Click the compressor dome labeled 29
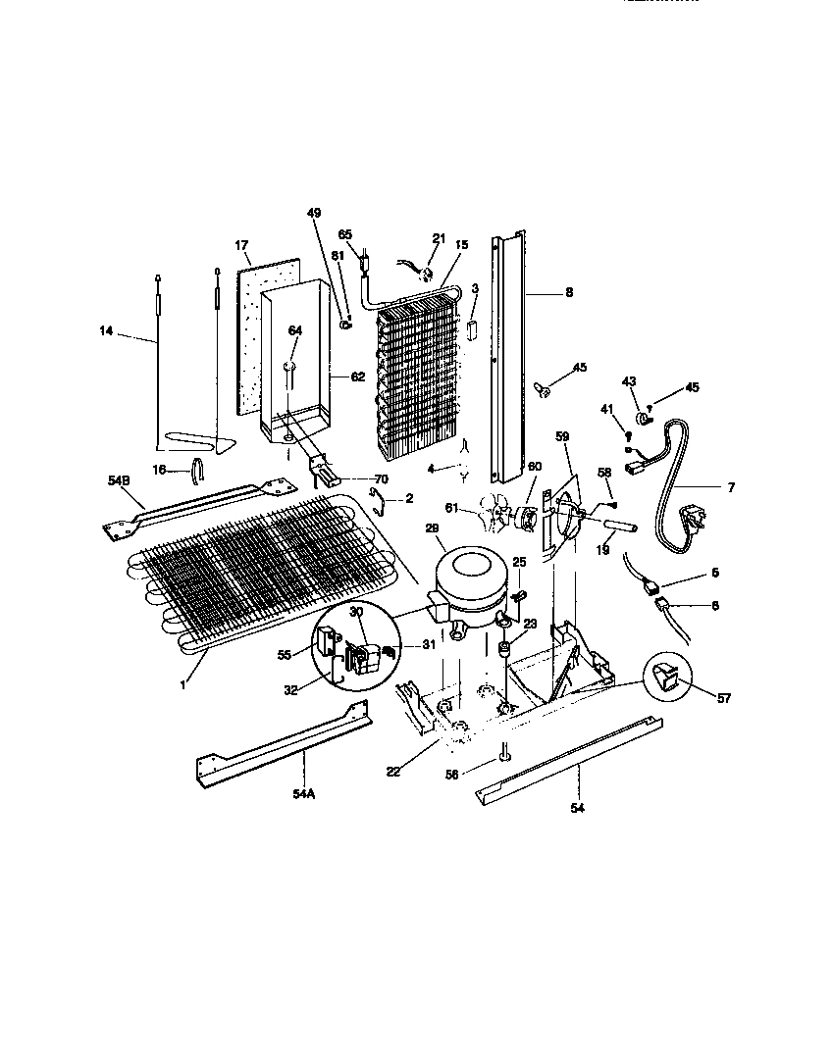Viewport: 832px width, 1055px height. (x=468, y=580)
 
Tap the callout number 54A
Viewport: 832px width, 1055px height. (x=303, y=793)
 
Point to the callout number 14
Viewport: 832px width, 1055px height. (x=106, y=332)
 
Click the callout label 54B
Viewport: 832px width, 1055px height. (x=117, y=480)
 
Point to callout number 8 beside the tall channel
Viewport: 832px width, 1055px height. (x=568, y=292)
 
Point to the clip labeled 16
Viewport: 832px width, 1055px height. (x=195, y=471)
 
